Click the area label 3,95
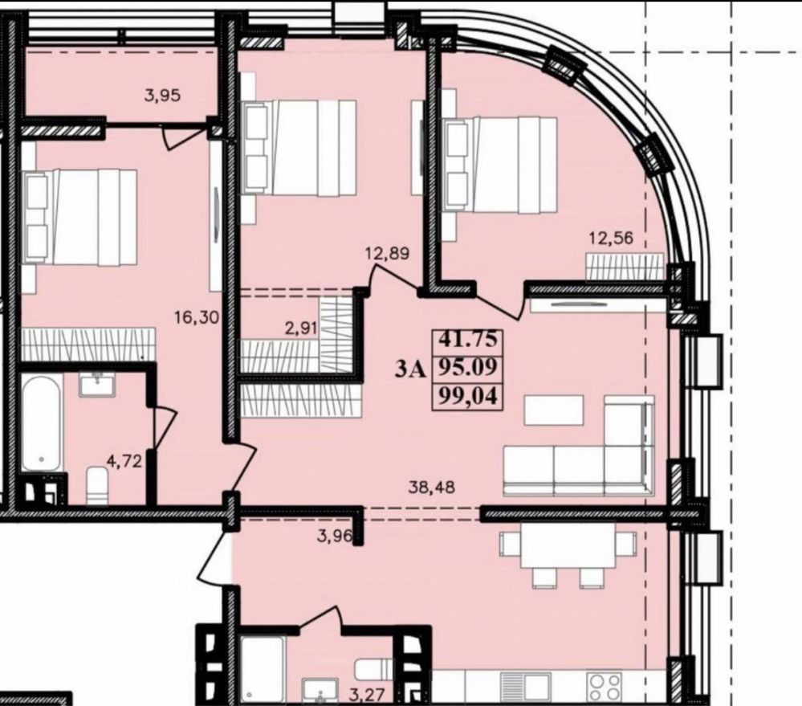point(162,95)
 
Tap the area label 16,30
point(197,318)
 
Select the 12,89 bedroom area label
point(387,253)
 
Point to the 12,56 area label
point(611,238)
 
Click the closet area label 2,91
point(299,328)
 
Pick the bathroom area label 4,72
point(124,461)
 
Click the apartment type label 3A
point(409,369)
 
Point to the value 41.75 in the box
point(468,338)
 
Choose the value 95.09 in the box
point(468,367)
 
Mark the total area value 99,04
point(468,396)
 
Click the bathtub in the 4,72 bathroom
point(42,422)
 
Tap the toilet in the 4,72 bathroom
point(97,485)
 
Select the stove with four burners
point(605,687)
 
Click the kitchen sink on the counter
point(525,687)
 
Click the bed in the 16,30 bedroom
point(79,218)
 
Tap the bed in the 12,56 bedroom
point(499,165)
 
